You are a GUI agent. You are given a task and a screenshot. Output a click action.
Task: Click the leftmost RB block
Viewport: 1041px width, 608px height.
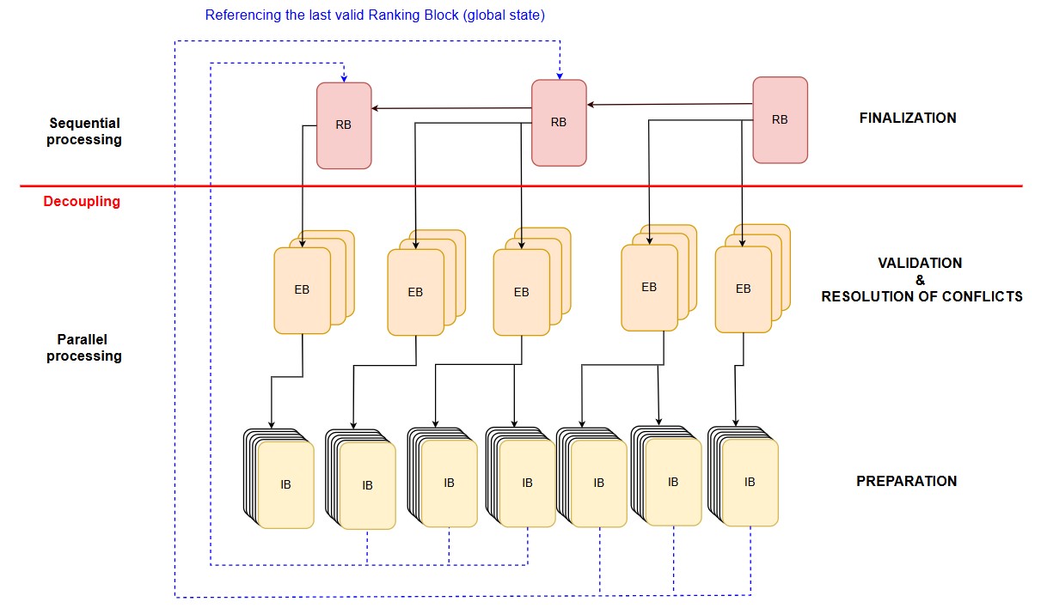[x=344, y=125]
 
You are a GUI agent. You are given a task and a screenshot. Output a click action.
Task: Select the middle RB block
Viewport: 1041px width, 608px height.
[x=559, y=122]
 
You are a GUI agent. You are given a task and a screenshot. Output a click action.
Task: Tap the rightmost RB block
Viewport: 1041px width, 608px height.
[x=780, y=119]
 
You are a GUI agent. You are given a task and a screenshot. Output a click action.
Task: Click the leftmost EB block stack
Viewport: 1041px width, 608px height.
[x=303, y=289]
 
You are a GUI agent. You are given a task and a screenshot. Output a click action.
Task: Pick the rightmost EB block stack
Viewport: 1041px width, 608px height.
[x=744, y=289]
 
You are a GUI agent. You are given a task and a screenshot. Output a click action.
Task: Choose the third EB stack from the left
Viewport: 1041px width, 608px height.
[x=521, y=292]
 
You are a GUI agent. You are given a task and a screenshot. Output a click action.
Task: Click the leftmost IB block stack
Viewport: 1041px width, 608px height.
[x=285, y=484]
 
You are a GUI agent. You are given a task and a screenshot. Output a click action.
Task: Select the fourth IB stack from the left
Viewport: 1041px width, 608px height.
[x=527, y=483]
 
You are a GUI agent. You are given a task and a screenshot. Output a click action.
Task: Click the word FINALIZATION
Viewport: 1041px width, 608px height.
[x=908, y=119]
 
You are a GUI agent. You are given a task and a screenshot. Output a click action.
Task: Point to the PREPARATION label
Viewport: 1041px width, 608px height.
[x=906, y=481]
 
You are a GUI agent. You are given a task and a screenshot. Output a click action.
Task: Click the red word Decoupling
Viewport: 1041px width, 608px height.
[x=82, y=202]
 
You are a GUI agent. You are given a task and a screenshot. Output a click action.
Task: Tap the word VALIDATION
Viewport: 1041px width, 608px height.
[x=920, y=263]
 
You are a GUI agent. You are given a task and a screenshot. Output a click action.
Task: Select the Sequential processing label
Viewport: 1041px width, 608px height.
[x=84, y=131]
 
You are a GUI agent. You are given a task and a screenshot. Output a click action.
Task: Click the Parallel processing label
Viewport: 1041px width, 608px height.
[x=84, y=347]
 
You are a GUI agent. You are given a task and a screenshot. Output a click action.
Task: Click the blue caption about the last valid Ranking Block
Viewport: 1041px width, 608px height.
[x=375, y=15]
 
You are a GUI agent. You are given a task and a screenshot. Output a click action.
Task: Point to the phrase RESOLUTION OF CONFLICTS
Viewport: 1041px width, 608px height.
[x=922, y=297]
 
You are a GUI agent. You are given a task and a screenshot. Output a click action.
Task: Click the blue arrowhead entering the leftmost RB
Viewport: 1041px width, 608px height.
[x=344, y=78]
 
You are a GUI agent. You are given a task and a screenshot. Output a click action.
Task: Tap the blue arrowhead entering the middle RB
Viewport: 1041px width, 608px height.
[x=559, y=76]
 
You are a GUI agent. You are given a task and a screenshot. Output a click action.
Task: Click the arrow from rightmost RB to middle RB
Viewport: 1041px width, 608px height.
[x=671, y=105]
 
